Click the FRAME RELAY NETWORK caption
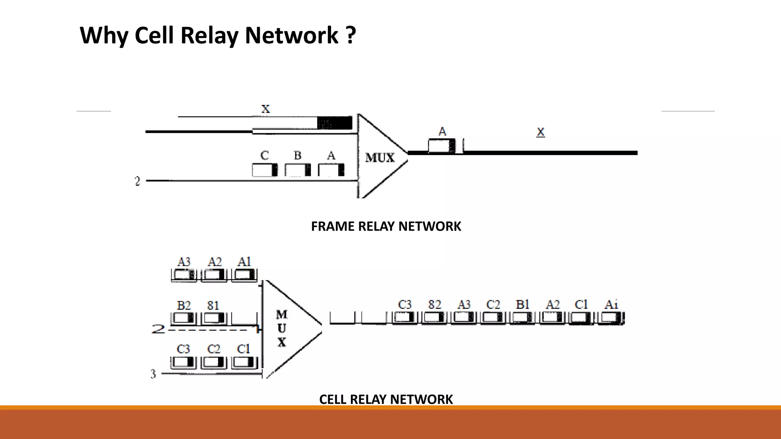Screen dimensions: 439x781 (x=386, y=226)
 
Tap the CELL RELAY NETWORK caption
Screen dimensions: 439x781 (x=386, y=399)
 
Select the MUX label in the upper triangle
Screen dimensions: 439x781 (x=379, y=158)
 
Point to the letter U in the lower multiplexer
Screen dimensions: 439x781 (x=281, y=328)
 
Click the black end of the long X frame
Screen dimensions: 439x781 (x=335, y=123)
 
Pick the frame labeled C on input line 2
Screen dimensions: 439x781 (x=265, y=170)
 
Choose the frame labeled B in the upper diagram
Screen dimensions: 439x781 (x=297, y=170)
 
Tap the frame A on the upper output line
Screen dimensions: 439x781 (x=442, y=146)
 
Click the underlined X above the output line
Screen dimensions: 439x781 (x=540, y=132)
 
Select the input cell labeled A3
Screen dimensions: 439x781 (x=184, y=275)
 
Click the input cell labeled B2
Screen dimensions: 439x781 (x=184, y=318)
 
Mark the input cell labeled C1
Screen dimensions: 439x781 (x=244, y=362)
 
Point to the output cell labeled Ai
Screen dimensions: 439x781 (x=611, y=317)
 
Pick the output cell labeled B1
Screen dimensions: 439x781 (x=522, y=317)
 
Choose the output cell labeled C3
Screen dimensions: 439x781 (x=405, y=317)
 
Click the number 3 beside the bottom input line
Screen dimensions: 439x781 (x=153, y=374)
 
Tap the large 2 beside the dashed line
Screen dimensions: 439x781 (x=158, y=328)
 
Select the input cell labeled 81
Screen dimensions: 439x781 (x=214, y=318)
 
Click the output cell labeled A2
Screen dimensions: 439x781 (x=552, y=317)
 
